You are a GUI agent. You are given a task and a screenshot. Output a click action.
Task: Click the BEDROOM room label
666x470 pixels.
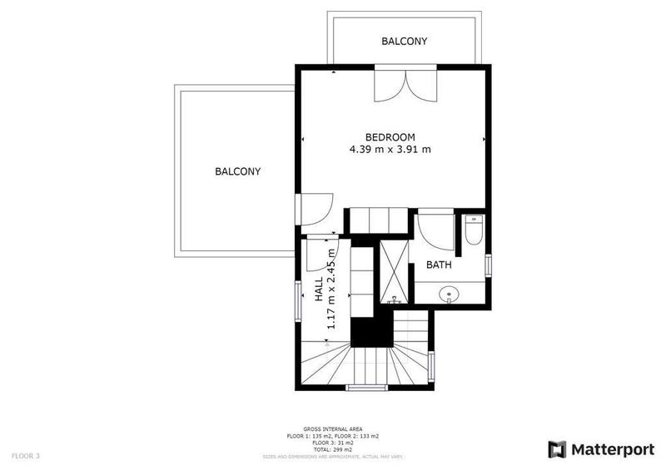pyautogui.click(x=390, y=137)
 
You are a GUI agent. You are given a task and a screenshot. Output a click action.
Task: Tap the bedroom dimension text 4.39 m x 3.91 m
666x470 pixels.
pyautogui.click(x=390, y=150)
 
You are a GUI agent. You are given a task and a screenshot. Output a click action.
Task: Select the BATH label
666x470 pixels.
pyautogui.click(x=439, y=265)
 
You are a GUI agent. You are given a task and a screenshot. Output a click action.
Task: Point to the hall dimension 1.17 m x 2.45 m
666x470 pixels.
pyautogui.click(x=331, y=288)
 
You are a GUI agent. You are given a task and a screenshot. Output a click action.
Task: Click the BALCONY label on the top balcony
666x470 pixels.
pyautogui.click(x=405, y=41)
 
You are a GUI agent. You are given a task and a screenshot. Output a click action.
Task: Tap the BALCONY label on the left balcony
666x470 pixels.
pyautogui.click(x=238, y=172)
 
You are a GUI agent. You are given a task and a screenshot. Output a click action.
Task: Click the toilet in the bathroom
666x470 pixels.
pyautogui.click(x=473, y=230)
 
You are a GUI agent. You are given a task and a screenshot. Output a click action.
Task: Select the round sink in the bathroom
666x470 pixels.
pyautogui.click(x=450, y=294)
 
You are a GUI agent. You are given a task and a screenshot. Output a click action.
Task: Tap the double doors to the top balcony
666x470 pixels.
pyautogui.click(x=404, y=86)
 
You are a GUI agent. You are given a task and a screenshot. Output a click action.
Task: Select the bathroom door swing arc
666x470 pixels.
pyautogui.click(x=437, y=231)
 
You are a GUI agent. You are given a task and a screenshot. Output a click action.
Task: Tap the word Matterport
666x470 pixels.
pyautogui.click(x=612, y=449)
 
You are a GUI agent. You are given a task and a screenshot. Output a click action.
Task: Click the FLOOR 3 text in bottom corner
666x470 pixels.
pyautogui.click(x=26, y=456)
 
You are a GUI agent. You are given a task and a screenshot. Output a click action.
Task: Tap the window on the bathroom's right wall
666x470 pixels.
pyautogui.click(x=490, y=264)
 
